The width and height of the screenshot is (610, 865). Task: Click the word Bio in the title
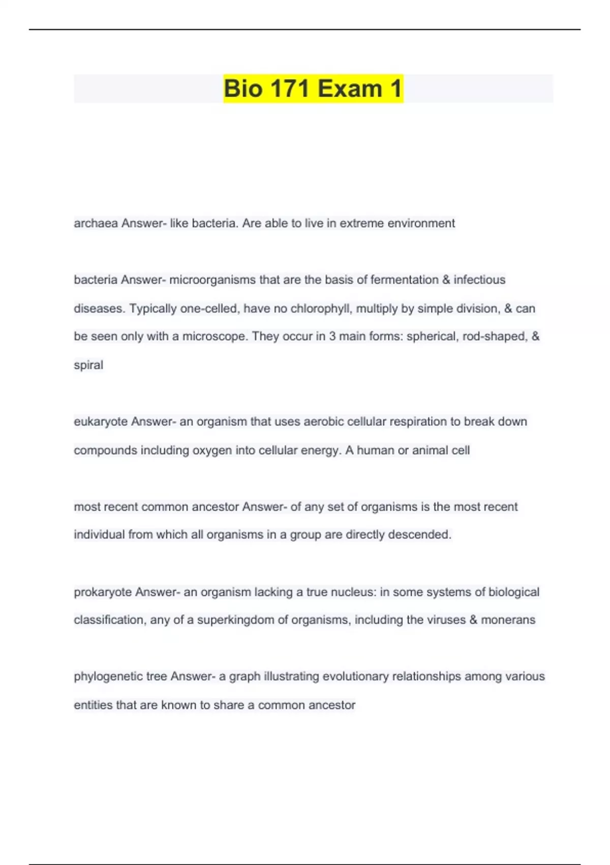coord(243,89)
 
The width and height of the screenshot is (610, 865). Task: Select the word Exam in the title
coord(351,89)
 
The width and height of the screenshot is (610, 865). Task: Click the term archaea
coord(96,223)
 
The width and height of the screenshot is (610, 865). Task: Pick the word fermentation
coord(404,280)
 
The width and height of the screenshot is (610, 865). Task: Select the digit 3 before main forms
coord(332,337)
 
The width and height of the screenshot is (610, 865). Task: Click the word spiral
coord(88,365)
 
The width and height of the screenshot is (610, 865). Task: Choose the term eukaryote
coord(100,422)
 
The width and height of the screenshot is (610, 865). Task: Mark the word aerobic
coord(323,422)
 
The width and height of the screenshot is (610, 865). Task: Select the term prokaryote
coord(102,592)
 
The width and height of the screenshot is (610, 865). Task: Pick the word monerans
coord(508,620)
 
